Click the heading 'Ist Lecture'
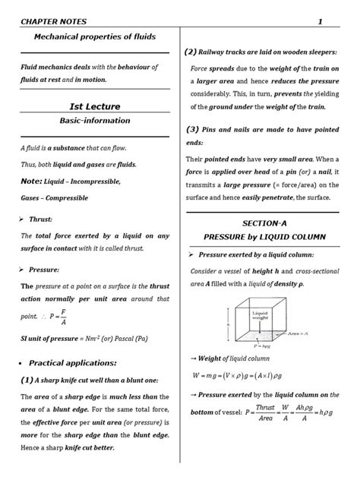[x=94, y=106]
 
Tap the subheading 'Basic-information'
[x=94, y=120]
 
